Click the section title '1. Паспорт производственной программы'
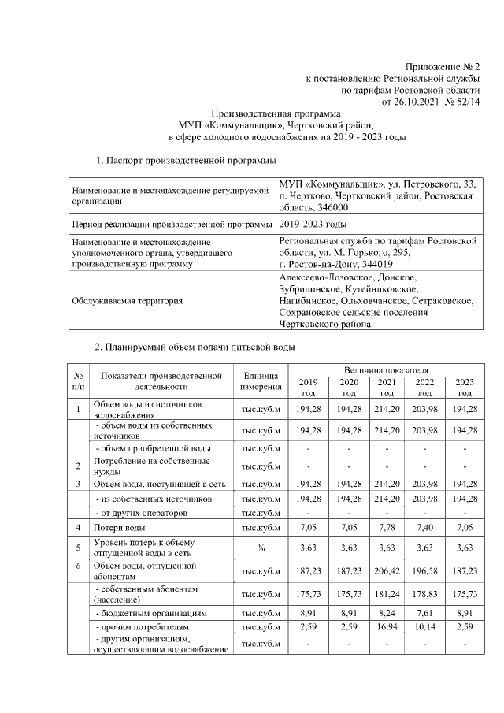tap(186, 162)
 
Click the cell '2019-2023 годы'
tap(313, 225)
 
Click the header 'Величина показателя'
tap(385, 370)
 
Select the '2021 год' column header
tap(387, 388)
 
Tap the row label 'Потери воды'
tap(120, 525)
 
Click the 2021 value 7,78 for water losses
tap(387, 525)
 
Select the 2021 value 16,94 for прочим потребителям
tap(387, 627)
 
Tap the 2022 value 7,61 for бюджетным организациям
tap(424, 612)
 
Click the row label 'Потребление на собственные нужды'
tap(151, 465)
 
